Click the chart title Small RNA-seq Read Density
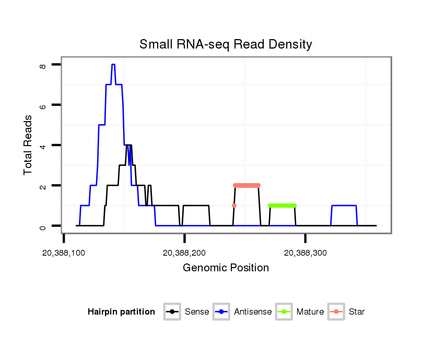pos(226,44)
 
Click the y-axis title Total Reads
pos(28,145)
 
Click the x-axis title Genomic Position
pos(226,268)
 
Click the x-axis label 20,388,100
pos(64,253)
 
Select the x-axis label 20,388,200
pos(184,253)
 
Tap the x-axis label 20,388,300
pos(305,253)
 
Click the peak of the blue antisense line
pos(113,65)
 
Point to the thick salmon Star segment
pos(246,185)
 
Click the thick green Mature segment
pos(282,206)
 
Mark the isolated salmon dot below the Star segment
pos(234,206)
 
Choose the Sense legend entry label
pos(197,312)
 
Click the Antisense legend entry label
pos(253,312)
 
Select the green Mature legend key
pos(285,312)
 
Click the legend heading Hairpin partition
pos(121,312)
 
